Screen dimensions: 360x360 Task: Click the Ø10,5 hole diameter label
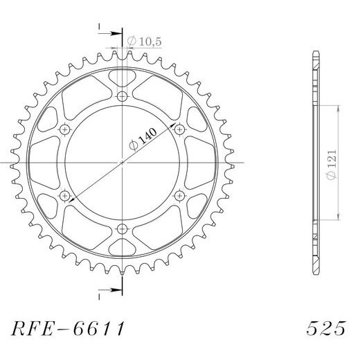click(x=142, y=40)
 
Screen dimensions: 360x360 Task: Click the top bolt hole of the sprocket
click(x=123, y=96)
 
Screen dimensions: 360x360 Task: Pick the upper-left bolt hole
click(x=66, y=129)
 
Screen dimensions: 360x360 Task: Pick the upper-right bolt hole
click(x=181, y=129)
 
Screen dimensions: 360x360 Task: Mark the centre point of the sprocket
click(x=123, y=163)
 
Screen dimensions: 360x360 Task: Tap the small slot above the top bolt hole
click(x=123, y=75)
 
